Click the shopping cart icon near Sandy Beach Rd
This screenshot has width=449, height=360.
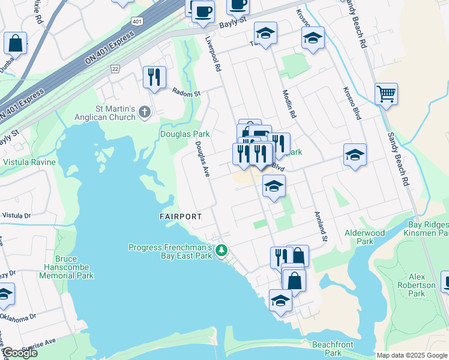(x=386, y=94)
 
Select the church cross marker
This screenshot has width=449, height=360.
(x=143, y=112)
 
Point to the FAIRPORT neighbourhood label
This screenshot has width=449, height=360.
(x=181, y=216)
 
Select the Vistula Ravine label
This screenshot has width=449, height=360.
(x=29, y=162)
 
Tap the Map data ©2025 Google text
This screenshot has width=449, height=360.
(x=411, y=355)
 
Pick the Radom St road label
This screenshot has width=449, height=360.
(x=185, y=93)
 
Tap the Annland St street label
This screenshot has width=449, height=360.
(x=319, y=227)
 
